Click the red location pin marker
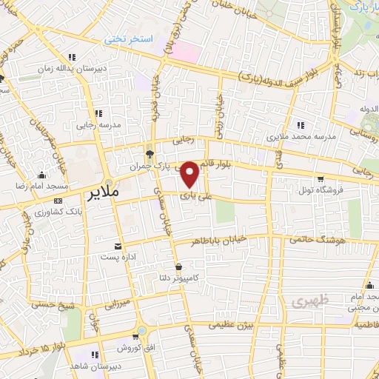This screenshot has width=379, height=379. pos(189,174)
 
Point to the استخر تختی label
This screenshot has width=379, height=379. pos(127,37)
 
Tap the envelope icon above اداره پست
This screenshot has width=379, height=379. pos(118,246)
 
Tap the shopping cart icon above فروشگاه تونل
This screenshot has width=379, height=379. pos(320,178)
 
